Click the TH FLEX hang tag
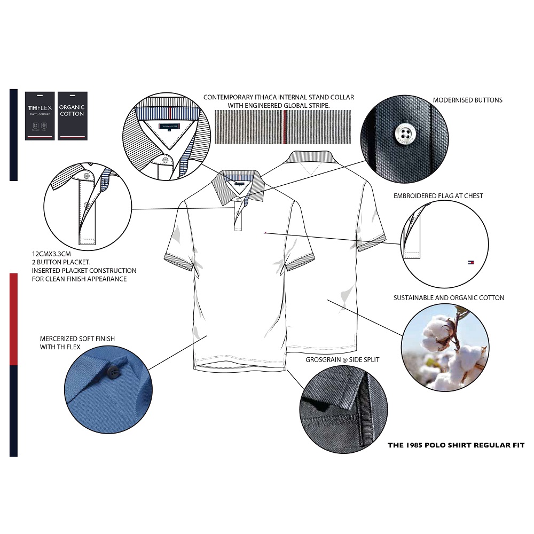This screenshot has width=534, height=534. pyautogui.click(x=40, y=115)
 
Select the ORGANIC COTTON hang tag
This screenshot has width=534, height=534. pyautogui.click(x=72, y=115)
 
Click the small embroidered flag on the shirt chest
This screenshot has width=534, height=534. pyautogui.click(x=264, y=233)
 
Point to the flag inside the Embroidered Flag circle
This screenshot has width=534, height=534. pyautogui.click(x=470, y=262)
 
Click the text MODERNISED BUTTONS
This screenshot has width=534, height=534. pyautogui.click(x=467, y=100)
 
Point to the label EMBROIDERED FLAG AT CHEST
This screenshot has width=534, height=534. pyautogui.click(x=438, y=196)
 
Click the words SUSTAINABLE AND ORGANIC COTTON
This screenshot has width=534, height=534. pyautogui.click(x=449, y=298)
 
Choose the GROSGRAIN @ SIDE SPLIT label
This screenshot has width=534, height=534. pyautogui.click(x=342, y=360)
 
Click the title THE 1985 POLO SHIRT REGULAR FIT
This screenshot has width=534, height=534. pyautogui.click(x=456, y=445)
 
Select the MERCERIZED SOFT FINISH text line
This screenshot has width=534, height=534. pyautogui.click(x=77, y=339)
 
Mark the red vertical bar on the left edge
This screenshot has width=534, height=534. pyautogui.click(x=14, y=319)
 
